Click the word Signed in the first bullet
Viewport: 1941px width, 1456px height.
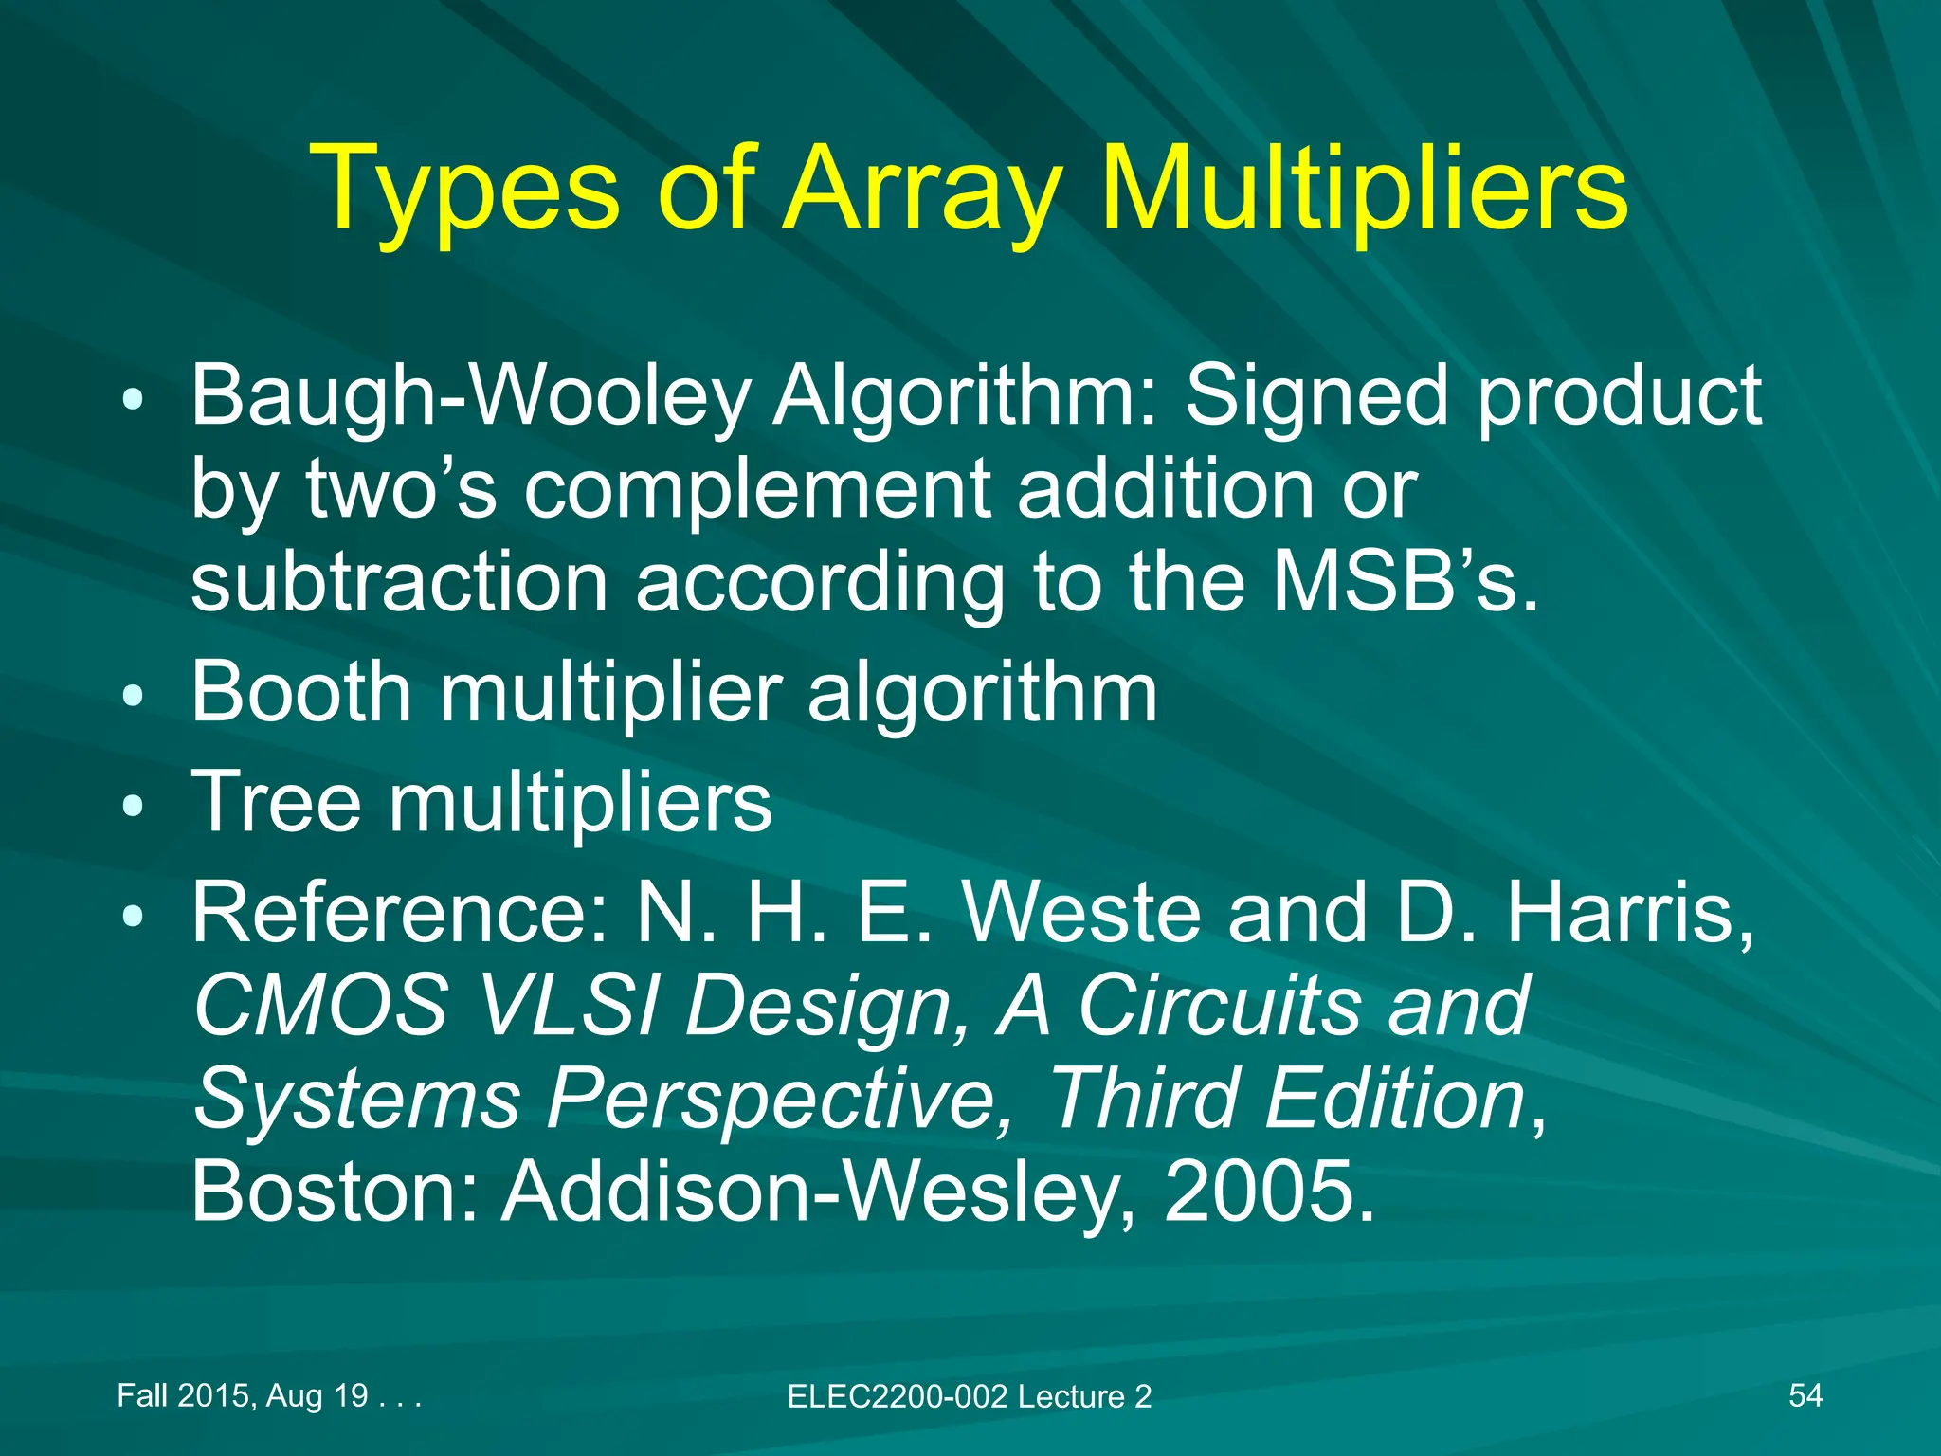[x=1317, y=396]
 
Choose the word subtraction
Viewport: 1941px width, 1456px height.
[x=399, y=582]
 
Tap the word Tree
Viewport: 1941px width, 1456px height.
[x=276, y=803]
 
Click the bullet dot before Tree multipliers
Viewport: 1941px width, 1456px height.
[x=134, y=807]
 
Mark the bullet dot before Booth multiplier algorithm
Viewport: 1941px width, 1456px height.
[x=134, y=697]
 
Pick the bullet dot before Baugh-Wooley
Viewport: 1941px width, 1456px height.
[x=134, y=400]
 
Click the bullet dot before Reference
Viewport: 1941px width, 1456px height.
[x=134, y=916]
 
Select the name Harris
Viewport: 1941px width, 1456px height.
[x=1630, y=912]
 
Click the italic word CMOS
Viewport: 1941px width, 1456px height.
[x=320, y=1005]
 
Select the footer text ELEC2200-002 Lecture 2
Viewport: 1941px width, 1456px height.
[x=969, y=1396]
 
